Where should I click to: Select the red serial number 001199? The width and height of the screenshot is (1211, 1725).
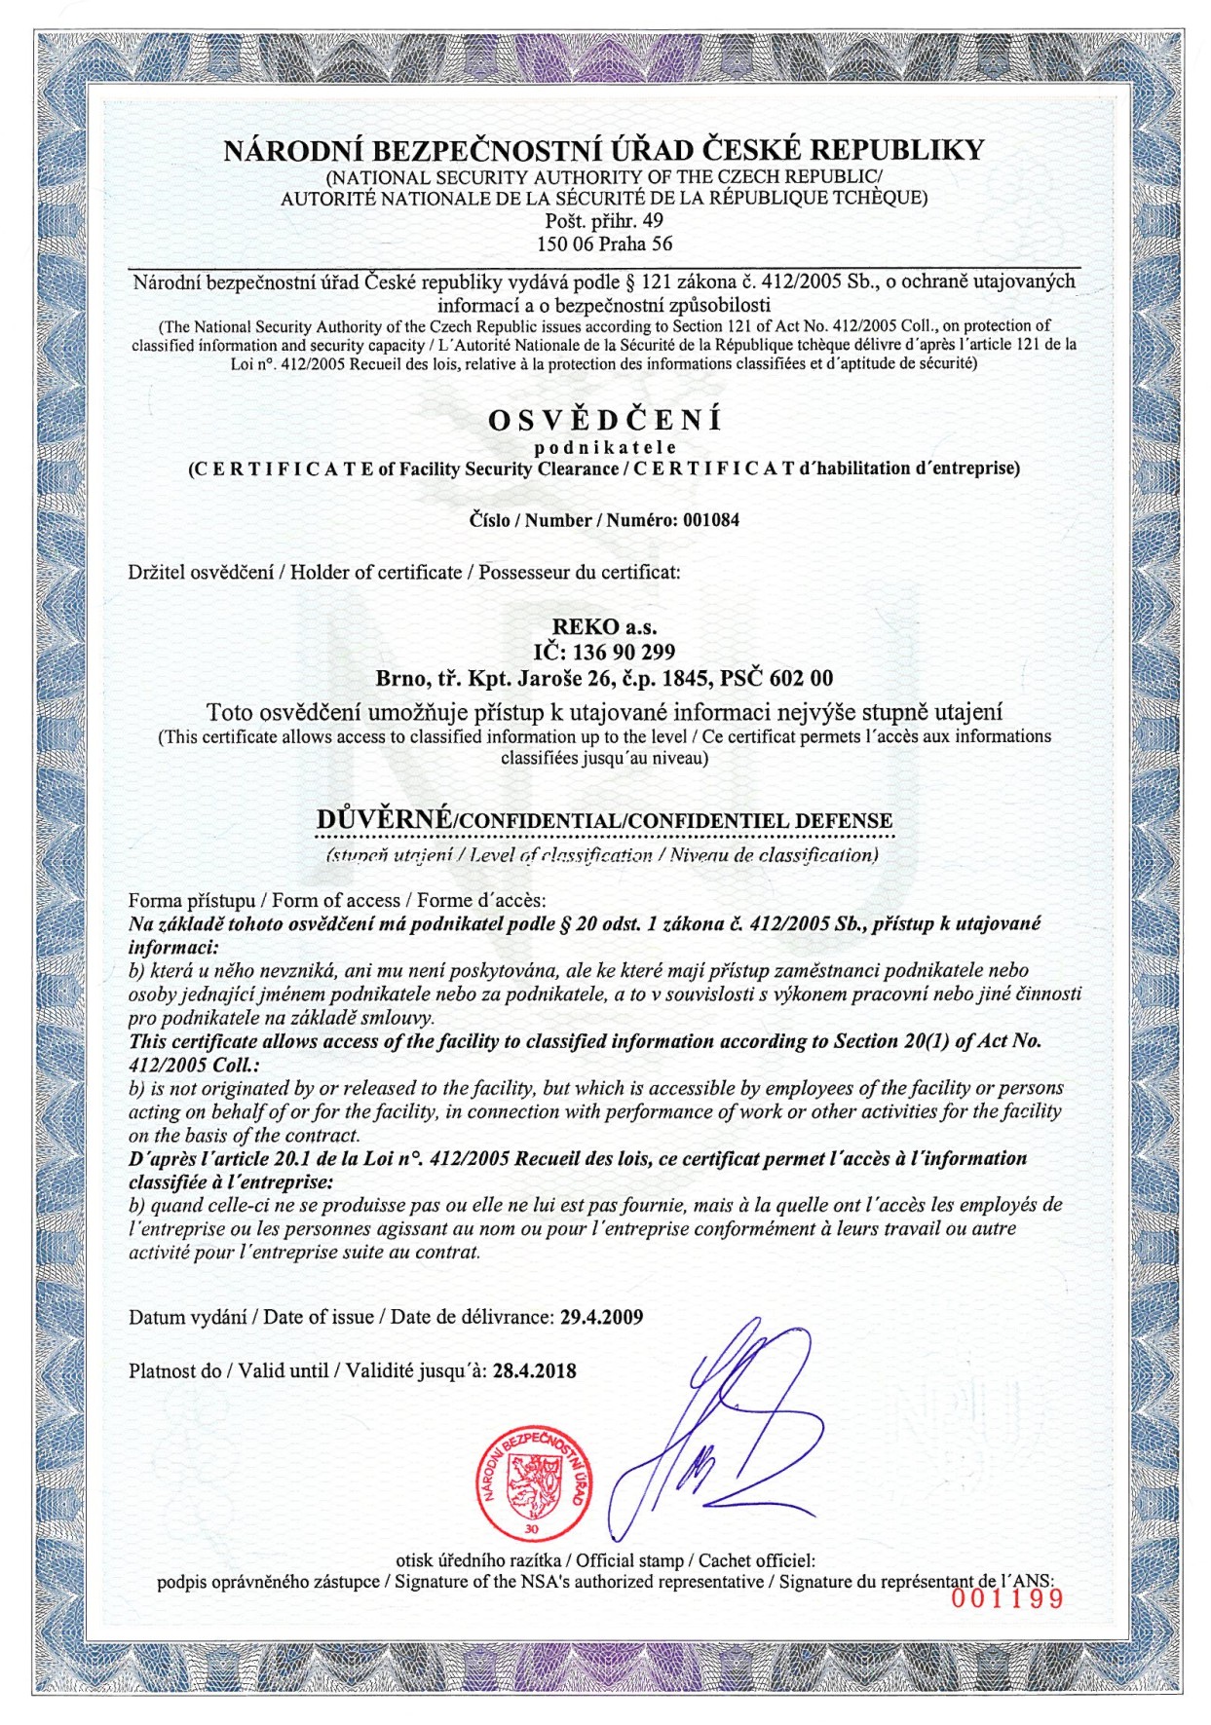(1006, 1597)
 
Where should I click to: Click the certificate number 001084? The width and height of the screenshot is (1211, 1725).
(710, 520)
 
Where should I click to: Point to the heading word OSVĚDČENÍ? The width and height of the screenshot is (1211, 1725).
(605, 421)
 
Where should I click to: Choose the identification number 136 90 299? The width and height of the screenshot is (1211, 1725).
(624, 652)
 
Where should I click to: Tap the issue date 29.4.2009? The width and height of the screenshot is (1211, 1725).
(601, 1317)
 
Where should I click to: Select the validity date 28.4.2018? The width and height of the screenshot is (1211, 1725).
(534, 1370)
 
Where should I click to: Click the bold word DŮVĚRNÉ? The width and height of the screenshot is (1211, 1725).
(384, 820)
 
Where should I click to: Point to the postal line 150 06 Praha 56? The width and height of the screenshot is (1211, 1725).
(605, 244)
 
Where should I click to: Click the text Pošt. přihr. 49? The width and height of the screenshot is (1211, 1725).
(605, 221)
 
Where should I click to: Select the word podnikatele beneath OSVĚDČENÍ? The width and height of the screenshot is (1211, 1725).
(605, 447)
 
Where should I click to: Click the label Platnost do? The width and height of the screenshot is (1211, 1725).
(174, 1370)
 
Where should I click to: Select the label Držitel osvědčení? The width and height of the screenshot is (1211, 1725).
(201, 572)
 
